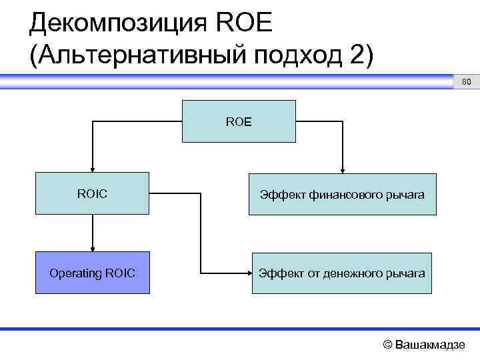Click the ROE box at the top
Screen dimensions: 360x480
(x=239, y=121)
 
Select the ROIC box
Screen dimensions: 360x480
(x=92, y=194)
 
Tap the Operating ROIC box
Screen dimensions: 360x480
(x=92, y=273)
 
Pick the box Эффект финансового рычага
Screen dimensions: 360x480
(x=343, y=195)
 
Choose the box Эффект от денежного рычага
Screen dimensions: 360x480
(x=343, y=273)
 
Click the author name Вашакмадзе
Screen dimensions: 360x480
(x=430, y=345)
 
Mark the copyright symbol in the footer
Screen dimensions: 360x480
(x=387, y=345)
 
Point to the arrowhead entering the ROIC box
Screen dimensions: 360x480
(x=92, y=170)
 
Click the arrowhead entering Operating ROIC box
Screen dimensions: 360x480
(x=92, y=249)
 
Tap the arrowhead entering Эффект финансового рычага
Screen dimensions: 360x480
(x=343, y=170)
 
